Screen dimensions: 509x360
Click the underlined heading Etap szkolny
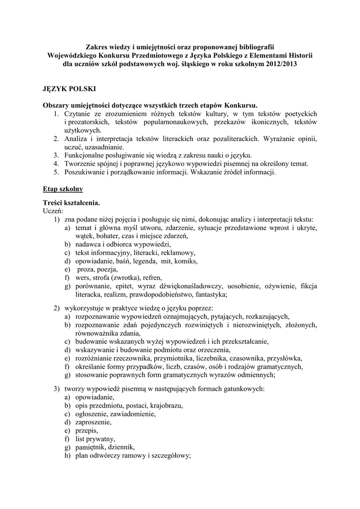(x=62, y=189)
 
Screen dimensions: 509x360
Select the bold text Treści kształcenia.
(x=71, y=203)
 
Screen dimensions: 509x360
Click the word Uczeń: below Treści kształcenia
(x=53, y=211)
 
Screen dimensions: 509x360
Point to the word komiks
(x=186, y=261)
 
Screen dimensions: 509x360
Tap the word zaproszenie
(x=93, y=422)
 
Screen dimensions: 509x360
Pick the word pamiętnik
(x=90, y=447)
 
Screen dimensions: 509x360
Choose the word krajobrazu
(x=166, y=406)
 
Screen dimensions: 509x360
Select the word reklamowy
(x=178, y=253)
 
